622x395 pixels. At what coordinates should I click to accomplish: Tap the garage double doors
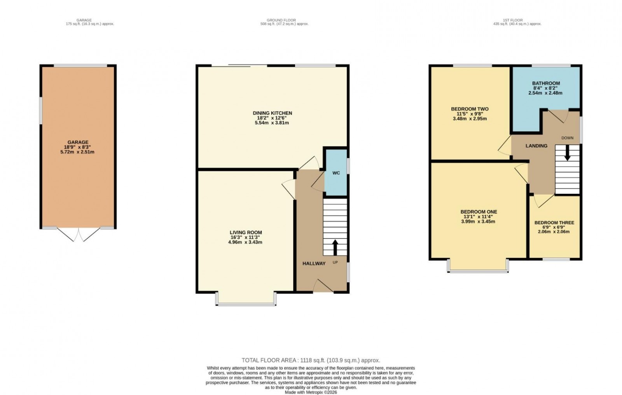pyautogui.click(x=79, y=234)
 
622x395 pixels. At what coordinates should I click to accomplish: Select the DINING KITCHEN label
pyautogui.click(x=272, y=113)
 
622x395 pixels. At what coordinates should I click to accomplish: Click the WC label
pyautogui.click(x=336, y=173)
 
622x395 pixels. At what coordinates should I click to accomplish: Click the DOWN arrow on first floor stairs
pyautogui.click(x=567, y=152)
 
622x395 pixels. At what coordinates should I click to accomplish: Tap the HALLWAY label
pyautogui.click(x=314, y=263)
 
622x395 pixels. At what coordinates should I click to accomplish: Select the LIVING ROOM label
pyautogui.click(x=246, y=232)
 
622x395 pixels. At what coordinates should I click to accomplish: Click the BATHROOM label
pyautogui.click(x=546, y=83)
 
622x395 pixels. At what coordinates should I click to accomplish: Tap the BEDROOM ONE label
pyautogui.click(x=479, y=212)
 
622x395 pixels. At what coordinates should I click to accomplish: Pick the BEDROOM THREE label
pyautogui.click(x=554, y=223)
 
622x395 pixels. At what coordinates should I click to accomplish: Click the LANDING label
pyautogui.click(x=536, y=146)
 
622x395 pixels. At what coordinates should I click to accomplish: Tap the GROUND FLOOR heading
pyautogui.click(x=281, y=20)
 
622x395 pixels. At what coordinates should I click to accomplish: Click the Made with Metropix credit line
pyautogui.click(x=311, y=392)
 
